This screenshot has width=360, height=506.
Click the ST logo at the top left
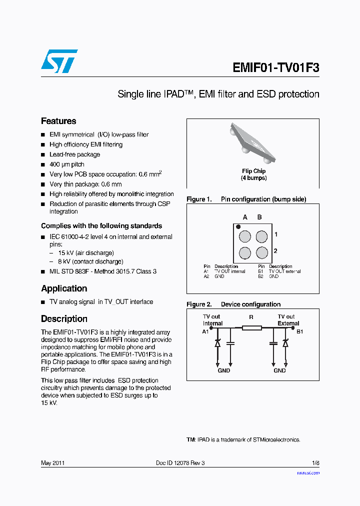point(59,61)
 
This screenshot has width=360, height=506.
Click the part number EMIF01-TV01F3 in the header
point(275,67)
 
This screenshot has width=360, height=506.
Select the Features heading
point(58,121)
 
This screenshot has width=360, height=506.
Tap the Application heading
point(64,288)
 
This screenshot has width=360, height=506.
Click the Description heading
point(64,319)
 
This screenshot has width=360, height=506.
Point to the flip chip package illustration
point(253,143)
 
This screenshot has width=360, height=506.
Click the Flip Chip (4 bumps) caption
point(253,174)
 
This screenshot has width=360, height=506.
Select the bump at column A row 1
point(245,236)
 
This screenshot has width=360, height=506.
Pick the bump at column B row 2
point(261,252)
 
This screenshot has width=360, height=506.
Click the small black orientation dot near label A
point(238,226)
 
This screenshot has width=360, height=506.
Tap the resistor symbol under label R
point(251,328)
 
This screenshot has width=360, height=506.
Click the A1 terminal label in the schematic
point(205,331)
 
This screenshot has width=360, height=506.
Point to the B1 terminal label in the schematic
point(299,331)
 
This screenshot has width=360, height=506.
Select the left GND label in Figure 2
point(223,370)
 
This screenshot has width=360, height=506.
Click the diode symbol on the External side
point(285,343)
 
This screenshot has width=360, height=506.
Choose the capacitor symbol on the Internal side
point(230,343)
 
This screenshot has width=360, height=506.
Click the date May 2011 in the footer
point(52,463)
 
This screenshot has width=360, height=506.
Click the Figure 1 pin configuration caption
point(246,199)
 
